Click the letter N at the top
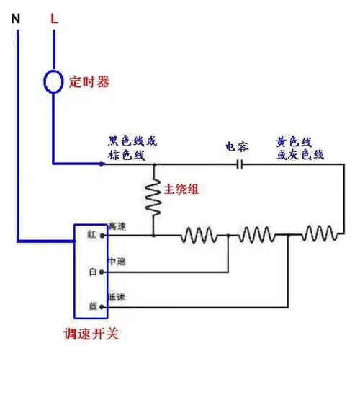pyautogui.click(x=16, y=19)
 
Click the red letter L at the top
pyautogui.click(x=53, y=19)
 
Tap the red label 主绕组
pyautogui.click(x=181, y=190)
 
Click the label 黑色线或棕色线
pyautogui.click(x=132, y=148)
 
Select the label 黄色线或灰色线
pyautogui.click(x=300, y=148)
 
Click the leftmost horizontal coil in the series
pyautogui.click(x=199, y=235)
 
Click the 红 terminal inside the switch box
pyautogui.click(x=91, y=235)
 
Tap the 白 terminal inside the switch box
pyautogui.click(x=91, y=272)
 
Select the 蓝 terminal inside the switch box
pyautogui.click(x=91, y=306)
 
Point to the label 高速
pyautogui.click(x=117, y=226)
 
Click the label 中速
pyautogui.click(x=117, y=262)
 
